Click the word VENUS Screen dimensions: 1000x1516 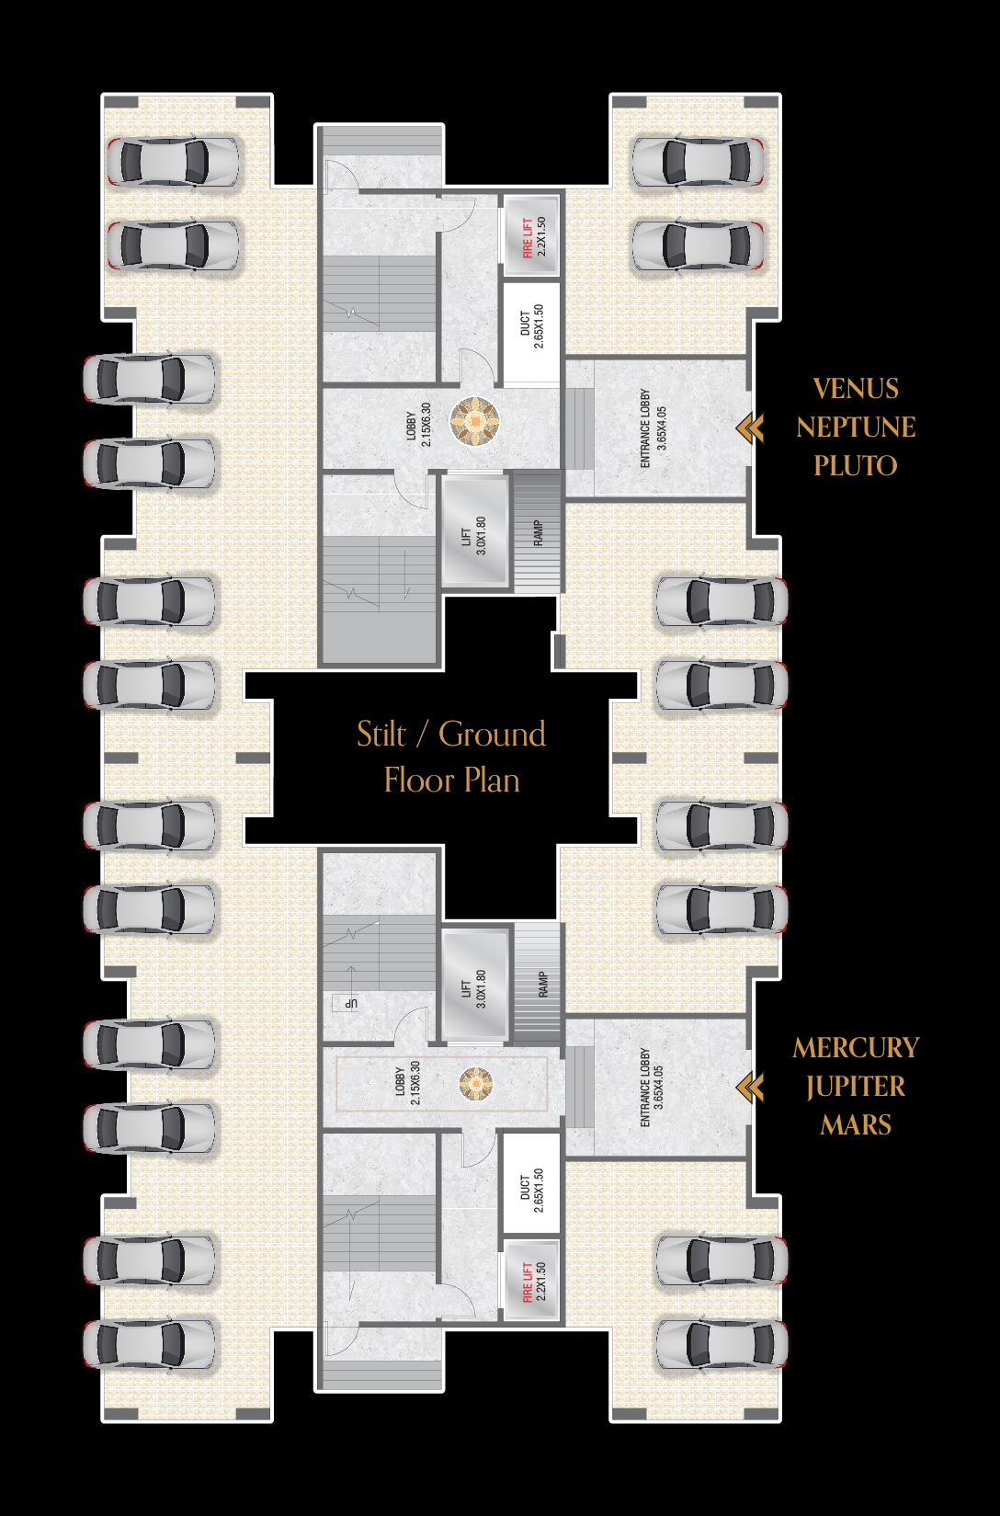(856, 389)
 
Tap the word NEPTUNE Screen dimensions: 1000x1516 (856, 427)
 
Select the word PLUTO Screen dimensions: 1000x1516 (856, 465)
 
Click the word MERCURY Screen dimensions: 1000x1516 (856, 1048)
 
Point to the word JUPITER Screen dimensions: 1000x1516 (856, 1087)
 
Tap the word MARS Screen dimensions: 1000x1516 (856, 1124)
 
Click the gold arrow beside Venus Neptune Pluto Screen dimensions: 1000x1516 (750, 427)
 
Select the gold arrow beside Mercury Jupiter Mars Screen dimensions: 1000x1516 (750, 1087)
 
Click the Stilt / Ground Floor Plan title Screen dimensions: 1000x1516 (451, 757)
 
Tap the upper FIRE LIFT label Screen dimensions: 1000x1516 (527, 237)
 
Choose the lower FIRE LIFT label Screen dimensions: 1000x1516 (527, 1282)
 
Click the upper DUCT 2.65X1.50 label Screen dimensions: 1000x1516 (532, 326)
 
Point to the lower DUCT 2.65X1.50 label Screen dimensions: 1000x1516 (532, 1190)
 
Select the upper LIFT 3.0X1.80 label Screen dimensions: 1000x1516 (473, 536)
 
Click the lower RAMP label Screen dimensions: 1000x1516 (542, 984)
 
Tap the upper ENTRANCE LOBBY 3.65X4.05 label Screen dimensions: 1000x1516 (653, 428)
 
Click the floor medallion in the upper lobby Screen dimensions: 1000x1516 (475, 422)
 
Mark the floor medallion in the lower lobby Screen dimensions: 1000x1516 (475, 1084)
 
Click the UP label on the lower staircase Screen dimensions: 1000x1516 (350, 1003)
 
